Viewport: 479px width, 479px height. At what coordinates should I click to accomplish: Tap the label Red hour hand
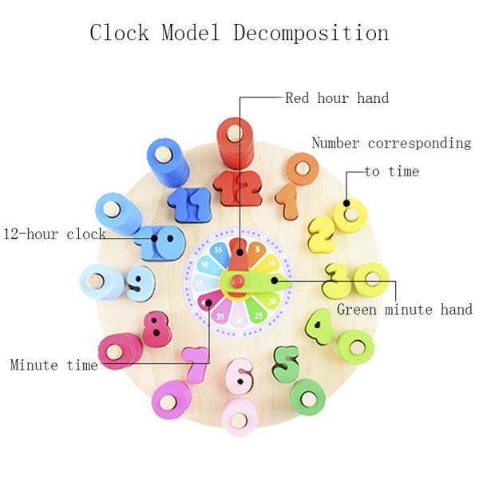(337, 99)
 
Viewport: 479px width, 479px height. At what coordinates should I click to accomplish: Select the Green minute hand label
(404, 310)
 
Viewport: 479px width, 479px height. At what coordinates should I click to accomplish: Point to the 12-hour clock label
(54, 235)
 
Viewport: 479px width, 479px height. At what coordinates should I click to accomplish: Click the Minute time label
(53, 365)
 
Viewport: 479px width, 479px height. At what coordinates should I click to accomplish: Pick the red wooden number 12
(238, 190)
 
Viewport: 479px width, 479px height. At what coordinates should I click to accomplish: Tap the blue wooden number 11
(188, 204)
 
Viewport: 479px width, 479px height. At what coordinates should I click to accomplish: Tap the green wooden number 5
(285, 362)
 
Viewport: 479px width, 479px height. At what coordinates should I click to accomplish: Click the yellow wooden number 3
(338, 281)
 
